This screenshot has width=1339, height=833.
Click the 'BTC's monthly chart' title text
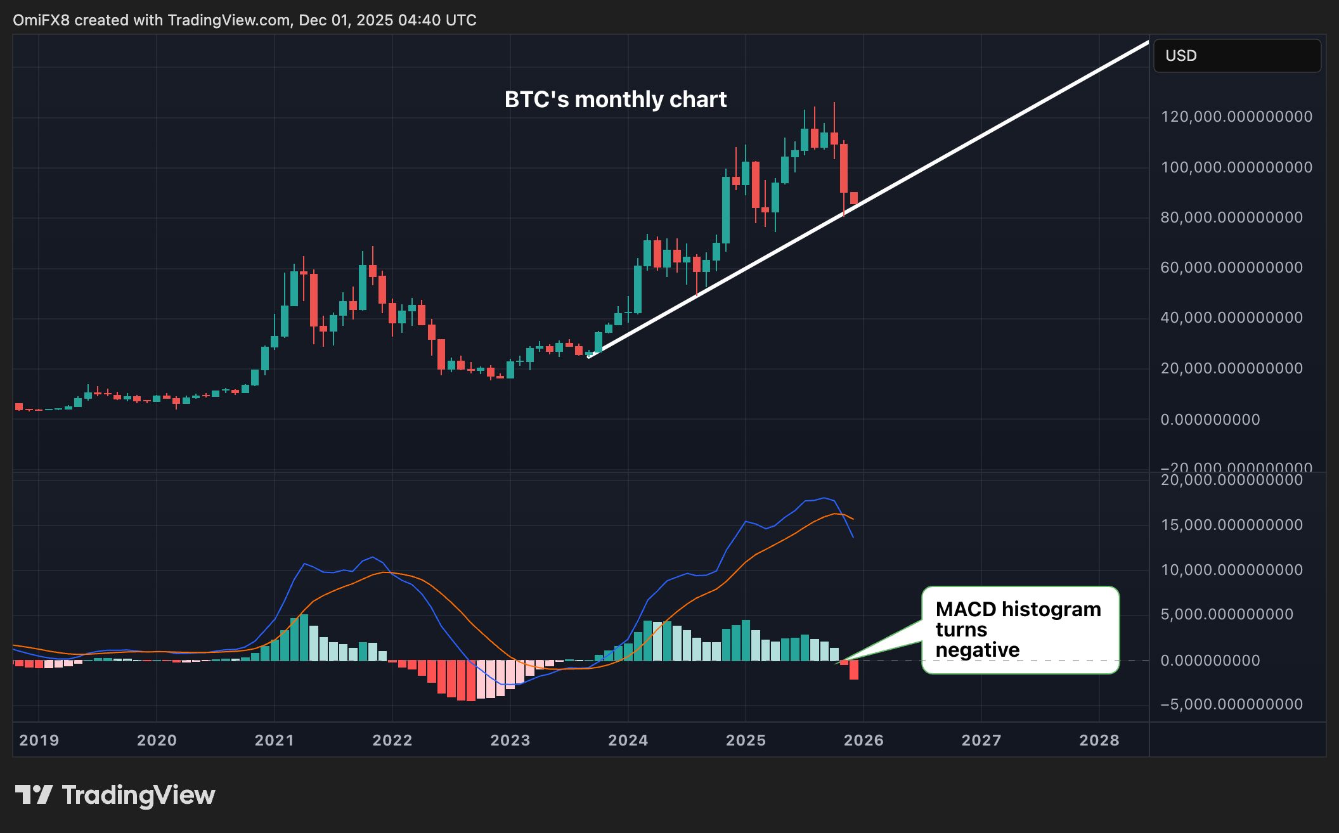coord(615,100)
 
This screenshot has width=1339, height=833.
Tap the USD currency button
coord(1236,56)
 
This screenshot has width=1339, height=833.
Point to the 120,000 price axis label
coord(1236,117)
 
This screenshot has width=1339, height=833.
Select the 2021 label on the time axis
coord(274,740)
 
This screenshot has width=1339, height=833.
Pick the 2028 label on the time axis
coord(1099,740)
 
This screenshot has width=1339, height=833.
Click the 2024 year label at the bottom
coord(628,740)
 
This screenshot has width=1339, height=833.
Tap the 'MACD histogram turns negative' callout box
coord(1019,630)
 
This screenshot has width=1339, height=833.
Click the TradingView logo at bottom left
coord(115,795)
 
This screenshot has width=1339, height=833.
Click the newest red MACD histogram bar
coord(854,670)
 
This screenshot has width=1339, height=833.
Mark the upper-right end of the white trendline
coord(1147,42)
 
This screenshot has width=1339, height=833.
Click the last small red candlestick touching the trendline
coord(854,198)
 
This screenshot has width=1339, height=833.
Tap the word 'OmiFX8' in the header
coord(41,20)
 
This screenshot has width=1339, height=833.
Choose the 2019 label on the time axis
coord(39,740)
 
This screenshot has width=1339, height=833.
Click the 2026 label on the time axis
coord(863,740)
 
